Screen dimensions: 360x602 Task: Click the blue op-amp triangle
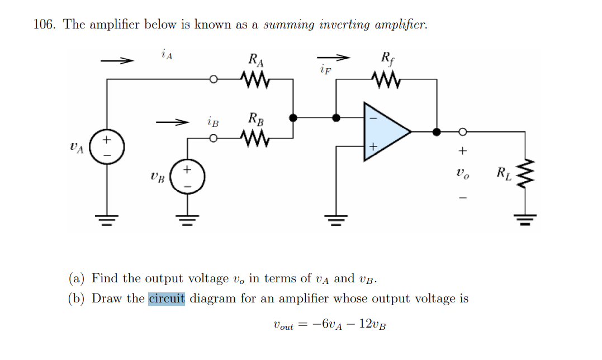click(385, 132)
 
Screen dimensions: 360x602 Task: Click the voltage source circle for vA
click(106, 147)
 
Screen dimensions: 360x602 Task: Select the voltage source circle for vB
click(187, 178)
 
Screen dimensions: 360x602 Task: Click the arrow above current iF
click(334, 58)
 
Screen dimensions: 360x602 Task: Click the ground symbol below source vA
click(106, 219)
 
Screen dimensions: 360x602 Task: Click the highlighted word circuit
click(167, 298)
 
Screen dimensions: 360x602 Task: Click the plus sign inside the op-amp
click(373, 147)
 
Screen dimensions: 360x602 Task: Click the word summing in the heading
click(288, 25)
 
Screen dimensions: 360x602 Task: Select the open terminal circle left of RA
click(213, 79)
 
